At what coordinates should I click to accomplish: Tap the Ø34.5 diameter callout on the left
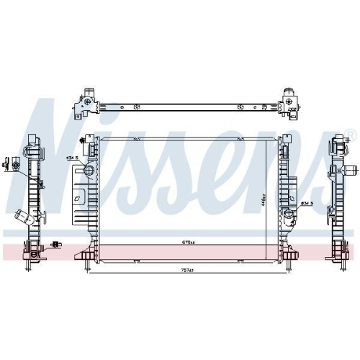73,157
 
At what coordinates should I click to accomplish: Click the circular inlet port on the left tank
89,171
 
